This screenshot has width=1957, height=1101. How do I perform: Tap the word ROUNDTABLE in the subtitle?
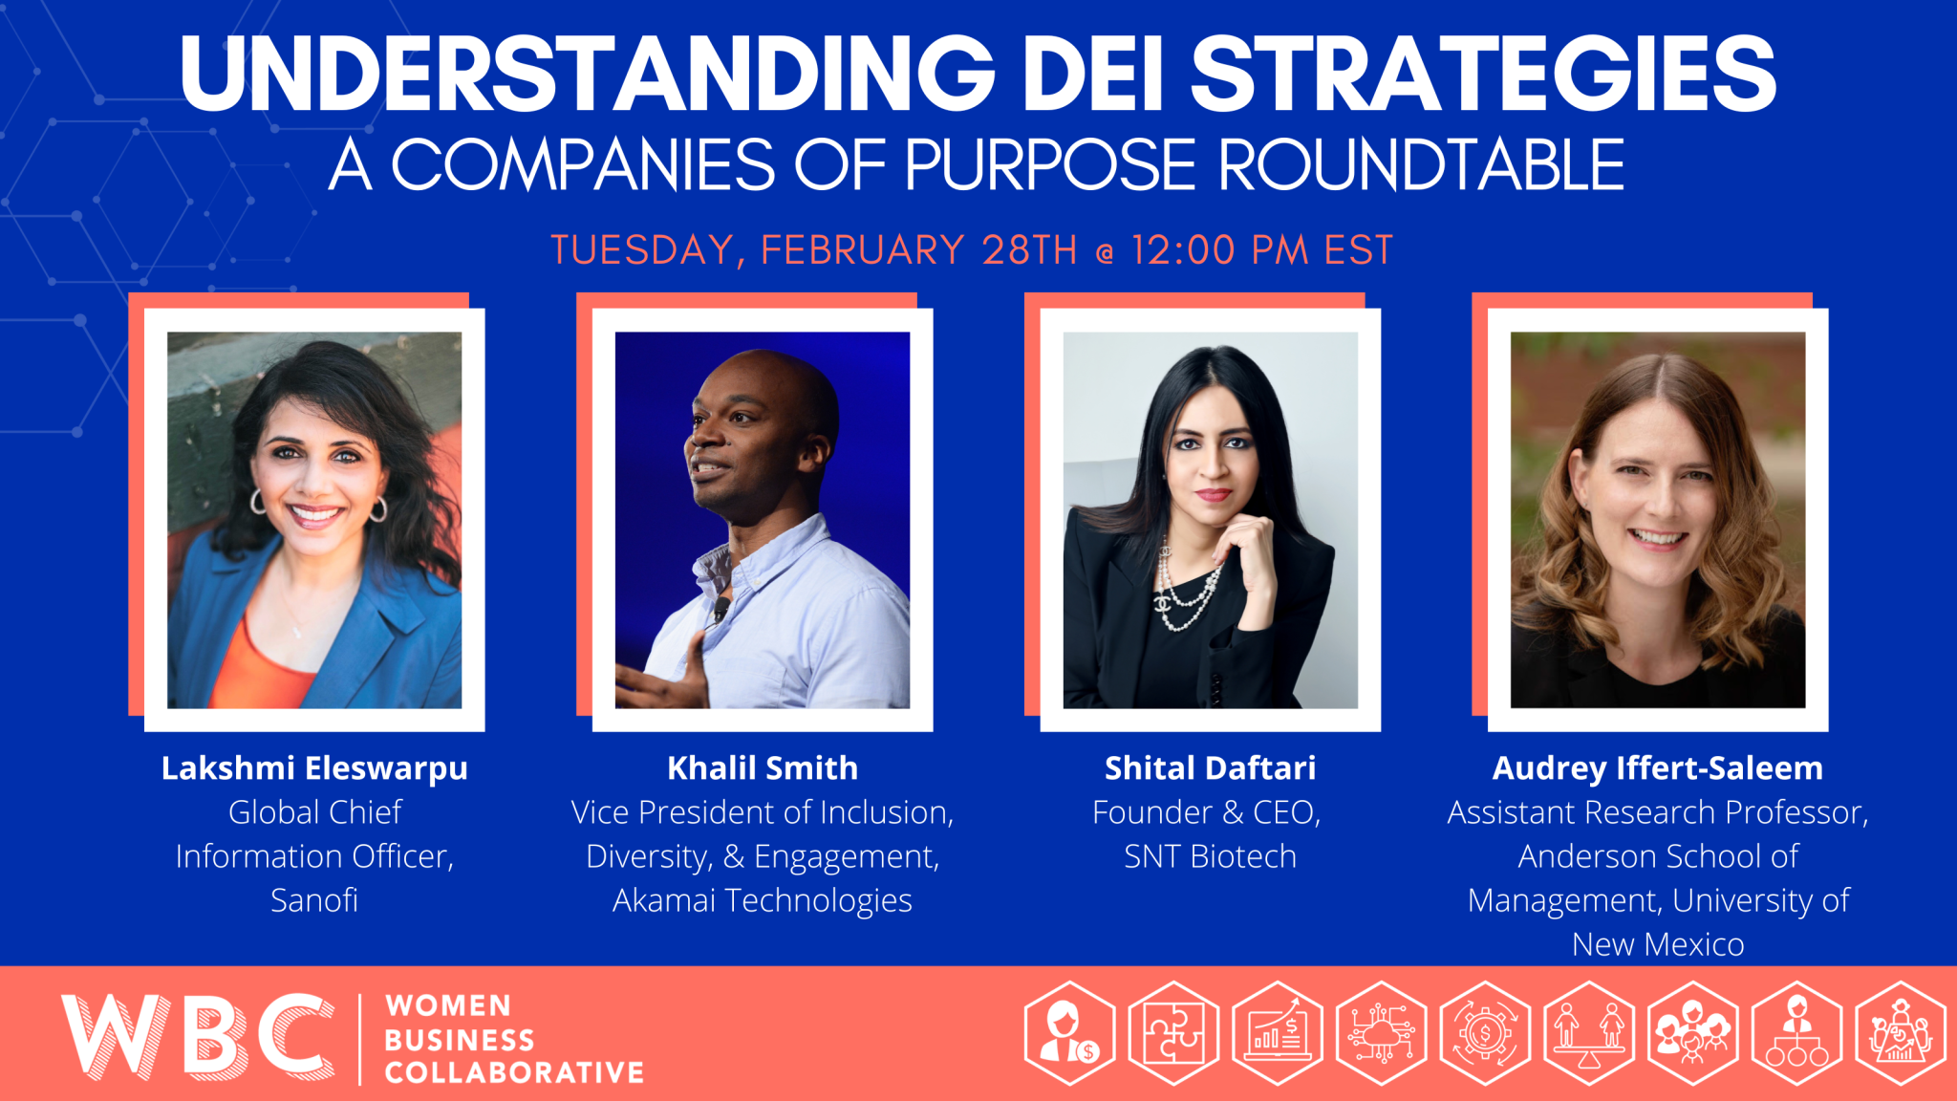pyautogui.click(x=1421, y=165)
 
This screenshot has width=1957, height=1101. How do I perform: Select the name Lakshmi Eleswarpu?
pyautogui.click(x=314, y=768)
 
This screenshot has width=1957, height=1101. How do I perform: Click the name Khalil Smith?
pyautogui.click(x=762, y=768)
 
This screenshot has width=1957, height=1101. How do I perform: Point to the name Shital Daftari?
pyautogui.click(x=1210, y=768)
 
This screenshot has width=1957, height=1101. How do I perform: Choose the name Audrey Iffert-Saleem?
pyautogui.click(x=1657, y=768)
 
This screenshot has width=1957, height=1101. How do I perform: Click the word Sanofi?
pyautogui.click(x=314, y=900)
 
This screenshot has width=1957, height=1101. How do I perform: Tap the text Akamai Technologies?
pyautogui.click(x=762, y=900)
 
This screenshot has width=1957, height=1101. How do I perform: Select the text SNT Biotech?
pyautogui.click(x=1210, y=856)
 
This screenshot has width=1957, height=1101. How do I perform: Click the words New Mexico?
pyautogui.click(x=1657, y=944)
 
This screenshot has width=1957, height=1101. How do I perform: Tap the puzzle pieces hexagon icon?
pyautogui.click(x=1173, y=1034)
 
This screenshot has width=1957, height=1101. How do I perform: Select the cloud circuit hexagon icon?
pyautogui.click(x=1381, y=1034)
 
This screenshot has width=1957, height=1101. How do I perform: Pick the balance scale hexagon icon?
pyautogui.click(x=1588, y=1034)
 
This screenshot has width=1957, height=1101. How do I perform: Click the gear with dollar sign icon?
pyautogui.click(x=1485, y=1034)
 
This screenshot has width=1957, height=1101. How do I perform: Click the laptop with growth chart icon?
pyautogui.click(x=1278, y=1034)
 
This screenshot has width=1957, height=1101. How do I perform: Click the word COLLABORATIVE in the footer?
pyautogui.click(x=514, y=1073)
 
